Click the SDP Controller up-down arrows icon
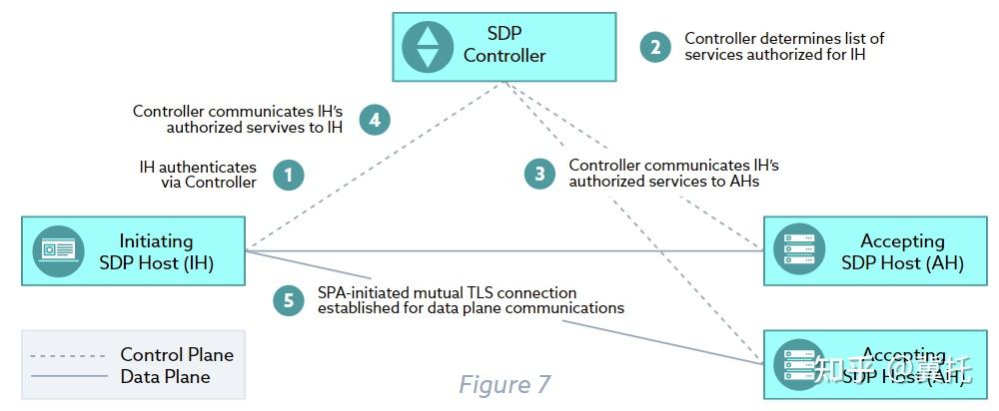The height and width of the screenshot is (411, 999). pos(428,46)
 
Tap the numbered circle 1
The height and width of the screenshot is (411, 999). pos(289,176)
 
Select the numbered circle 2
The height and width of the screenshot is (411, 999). pos(655,46)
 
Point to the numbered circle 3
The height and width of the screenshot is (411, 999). pos(539,174)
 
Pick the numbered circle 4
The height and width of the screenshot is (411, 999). pos(375,120)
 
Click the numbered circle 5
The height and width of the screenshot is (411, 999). pos(289,300)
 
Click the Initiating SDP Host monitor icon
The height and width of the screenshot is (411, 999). pos(58,251)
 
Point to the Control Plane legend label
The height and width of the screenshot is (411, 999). pos(177,355)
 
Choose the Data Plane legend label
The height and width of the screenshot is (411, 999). pos(165,376)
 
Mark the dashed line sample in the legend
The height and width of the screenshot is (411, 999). pos(68,355)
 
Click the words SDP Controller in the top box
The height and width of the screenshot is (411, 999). pos(504,45)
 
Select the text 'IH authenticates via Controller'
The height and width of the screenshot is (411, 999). pos(198,175)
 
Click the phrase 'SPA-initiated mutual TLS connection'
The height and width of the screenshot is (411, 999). pos(447,293)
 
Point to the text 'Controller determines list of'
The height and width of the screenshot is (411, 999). pos(784,39)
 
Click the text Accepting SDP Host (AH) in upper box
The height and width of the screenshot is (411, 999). pos(902,251)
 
